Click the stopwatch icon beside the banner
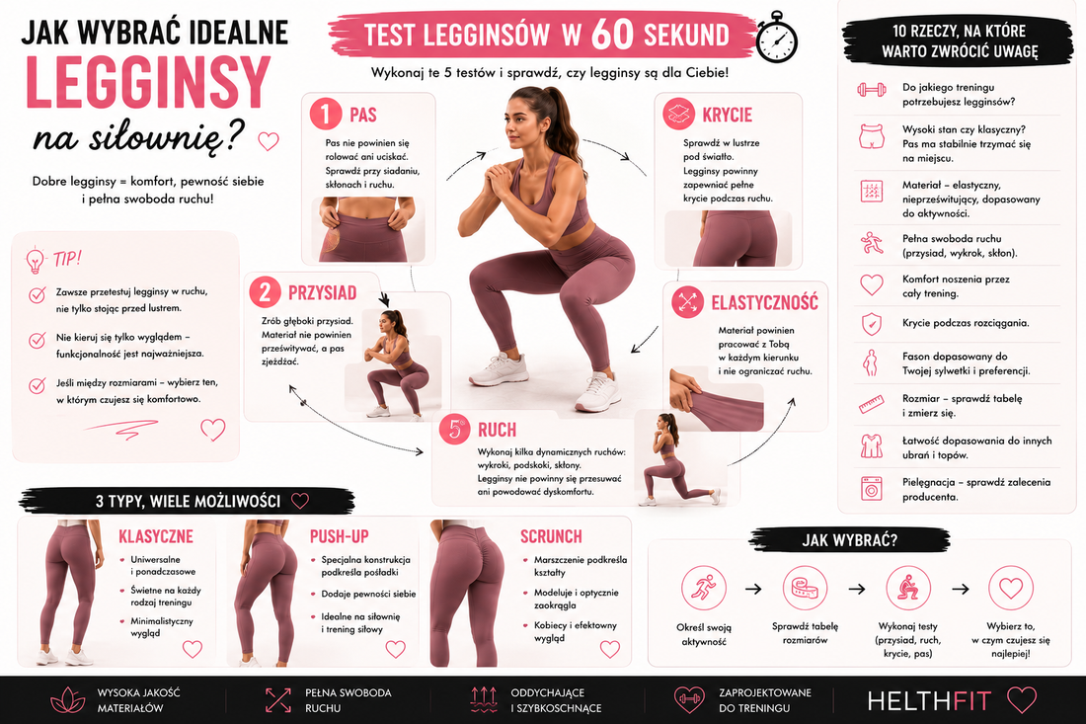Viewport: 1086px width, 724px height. tap(776, 38)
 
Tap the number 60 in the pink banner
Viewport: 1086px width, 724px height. tap(612, 34)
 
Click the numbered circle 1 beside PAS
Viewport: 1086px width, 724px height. tap(326, 114)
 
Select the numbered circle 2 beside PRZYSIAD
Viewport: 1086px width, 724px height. tap(266, 292)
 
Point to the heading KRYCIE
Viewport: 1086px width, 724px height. tap(727, 115)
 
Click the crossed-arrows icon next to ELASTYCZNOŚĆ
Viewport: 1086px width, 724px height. tap(687, 302)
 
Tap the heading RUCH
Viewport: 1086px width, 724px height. tap(497, 431)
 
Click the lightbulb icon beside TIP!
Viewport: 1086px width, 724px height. tap(35, 260)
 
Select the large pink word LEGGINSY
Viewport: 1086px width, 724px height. tap(147, 82)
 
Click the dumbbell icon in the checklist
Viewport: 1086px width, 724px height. tap(872, 89)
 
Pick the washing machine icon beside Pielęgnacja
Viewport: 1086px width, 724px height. tap(872, 489)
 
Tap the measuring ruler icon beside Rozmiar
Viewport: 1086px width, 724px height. tap(872, 404)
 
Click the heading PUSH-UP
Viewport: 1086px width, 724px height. tap(339, 536)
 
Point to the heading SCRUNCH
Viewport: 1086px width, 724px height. tap(551, 536)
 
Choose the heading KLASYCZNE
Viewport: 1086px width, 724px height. tap(156, 536)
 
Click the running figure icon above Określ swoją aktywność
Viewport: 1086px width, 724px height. tap(704, 588)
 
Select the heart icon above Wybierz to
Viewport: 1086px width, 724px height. tap(1011, 589)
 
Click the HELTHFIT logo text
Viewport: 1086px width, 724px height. tap(929, 700)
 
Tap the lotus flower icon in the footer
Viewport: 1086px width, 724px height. tap(68, 699)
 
